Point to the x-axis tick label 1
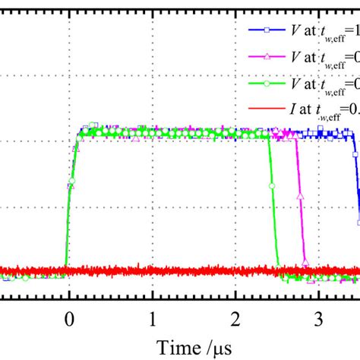coord(153,315)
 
